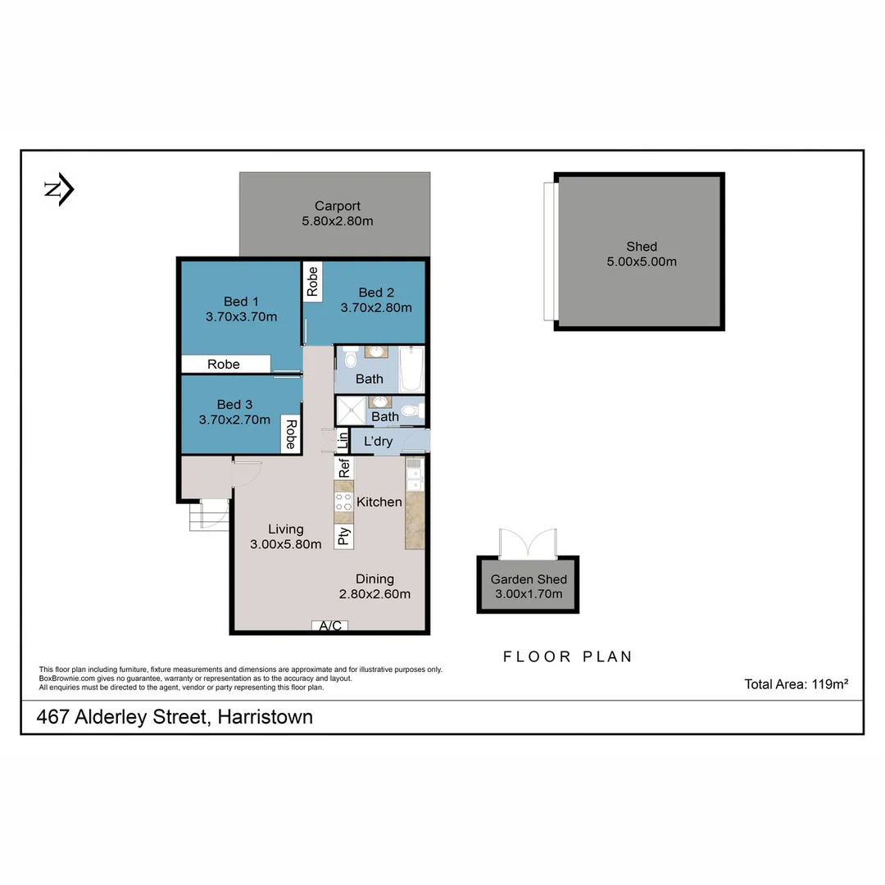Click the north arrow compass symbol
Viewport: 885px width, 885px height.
[59, 190]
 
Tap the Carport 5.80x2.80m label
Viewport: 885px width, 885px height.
[337, 213]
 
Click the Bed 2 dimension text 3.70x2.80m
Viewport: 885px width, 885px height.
[376, 308]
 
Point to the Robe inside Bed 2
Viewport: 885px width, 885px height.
[312, 281]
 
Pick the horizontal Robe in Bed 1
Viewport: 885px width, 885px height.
[225, 364]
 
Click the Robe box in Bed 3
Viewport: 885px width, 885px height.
[290, 434]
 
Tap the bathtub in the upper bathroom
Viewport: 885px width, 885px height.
[412, 369]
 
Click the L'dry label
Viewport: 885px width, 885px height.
[378, 442]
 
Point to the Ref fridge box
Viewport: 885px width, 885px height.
[344, 468]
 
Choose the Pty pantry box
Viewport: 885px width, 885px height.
[344, 536]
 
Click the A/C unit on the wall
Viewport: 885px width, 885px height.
[330, 626]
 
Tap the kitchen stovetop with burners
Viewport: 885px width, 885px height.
[343, 501]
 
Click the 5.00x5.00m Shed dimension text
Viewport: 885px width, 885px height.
[641, 261]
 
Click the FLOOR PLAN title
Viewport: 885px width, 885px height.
[567, 656]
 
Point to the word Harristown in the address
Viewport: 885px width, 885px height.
[265, 717]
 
